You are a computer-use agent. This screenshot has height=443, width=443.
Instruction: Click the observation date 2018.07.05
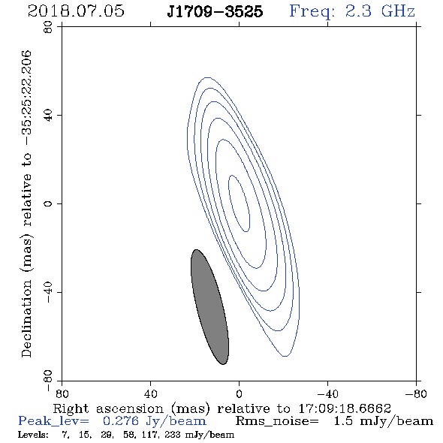(76, 11)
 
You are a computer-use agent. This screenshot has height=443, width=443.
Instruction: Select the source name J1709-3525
(215, 11)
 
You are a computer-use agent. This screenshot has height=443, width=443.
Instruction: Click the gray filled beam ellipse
(209, 307)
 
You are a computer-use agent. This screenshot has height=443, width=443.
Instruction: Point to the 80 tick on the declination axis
(48, 27)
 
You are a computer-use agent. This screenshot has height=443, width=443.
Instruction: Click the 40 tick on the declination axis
(48, 116)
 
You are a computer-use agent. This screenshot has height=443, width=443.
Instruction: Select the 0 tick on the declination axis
(48, 203)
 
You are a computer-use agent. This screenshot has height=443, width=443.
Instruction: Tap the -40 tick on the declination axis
(48, 292)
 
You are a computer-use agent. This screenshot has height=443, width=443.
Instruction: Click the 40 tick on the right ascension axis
(150, 394)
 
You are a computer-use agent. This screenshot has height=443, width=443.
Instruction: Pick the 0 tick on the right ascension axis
(239, 394)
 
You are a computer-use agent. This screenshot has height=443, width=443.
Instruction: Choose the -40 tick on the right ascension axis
(327, 394)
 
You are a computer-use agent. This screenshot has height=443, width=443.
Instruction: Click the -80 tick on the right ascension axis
(416, 394)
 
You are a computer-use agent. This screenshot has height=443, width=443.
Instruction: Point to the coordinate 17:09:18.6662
(345, 408)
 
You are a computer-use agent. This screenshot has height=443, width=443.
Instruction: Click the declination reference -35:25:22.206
(27, 98)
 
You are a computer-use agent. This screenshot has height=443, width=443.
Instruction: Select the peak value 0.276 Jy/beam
(154, 421)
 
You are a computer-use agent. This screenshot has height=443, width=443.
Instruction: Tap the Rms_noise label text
(277, 421)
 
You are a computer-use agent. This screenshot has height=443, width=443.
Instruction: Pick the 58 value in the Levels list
(129, 435)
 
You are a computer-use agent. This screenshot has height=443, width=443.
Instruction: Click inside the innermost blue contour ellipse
(239, 203)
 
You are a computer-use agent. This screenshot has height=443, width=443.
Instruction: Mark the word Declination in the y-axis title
(27, 318)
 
